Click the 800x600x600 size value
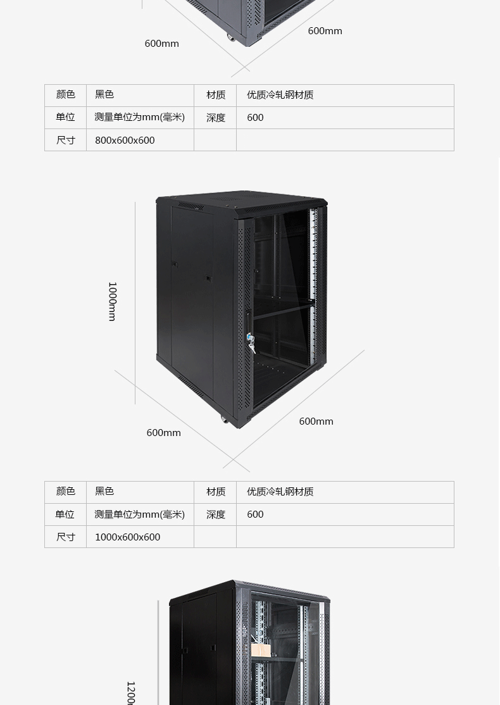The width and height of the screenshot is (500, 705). [125, 140]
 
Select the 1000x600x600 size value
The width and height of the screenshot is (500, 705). [127, 537]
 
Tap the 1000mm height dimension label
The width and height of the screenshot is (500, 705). [112, 301]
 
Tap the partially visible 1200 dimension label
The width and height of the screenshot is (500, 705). [130, 693]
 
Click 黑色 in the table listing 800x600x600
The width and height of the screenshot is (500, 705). [104, 94]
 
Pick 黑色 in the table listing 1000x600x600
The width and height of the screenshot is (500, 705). [104, 491]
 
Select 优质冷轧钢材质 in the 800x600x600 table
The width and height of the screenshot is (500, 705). [280, 94]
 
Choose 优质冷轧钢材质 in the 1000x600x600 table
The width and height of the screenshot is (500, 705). [280, 491]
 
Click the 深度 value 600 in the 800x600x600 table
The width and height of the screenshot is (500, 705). [255, 117]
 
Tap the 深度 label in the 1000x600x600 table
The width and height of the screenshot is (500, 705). [216, 515]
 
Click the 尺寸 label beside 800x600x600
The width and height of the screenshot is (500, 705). [66, 140]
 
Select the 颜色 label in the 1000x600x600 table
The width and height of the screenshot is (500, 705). [66, 491]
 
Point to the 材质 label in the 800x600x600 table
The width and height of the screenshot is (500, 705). [216, 94]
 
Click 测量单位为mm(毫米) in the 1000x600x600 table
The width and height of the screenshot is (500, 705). [139, 515]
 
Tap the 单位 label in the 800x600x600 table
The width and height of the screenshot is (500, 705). [65, 117]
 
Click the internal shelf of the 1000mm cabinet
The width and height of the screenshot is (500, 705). [282, 310]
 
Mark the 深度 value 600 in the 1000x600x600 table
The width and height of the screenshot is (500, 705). [255, 515]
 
